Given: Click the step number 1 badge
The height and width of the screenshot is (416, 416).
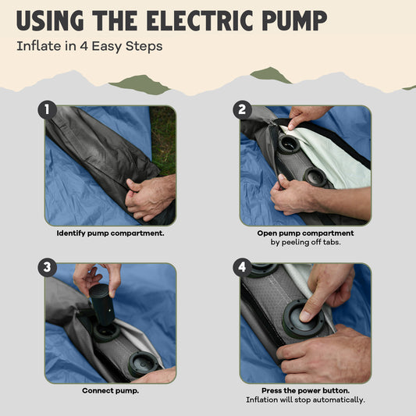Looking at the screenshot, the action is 48,109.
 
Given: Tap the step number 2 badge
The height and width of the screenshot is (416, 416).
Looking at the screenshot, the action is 242,109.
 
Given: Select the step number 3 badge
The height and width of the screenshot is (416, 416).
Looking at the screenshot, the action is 48,267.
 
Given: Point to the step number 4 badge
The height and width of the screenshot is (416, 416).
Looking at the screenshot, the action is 242,267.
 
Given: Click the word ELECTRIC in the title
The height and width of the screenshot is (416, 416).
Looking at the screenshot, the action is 201,21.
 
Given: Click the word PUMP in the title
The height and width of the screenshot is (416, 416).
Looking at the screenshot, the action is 295,21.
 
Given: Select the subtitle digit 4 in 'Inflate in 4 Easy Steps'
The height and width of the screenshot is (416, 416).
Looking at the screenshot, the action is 84,46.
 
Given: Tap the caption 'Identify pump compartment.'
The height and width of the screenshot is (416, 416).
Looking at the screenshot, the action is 110,233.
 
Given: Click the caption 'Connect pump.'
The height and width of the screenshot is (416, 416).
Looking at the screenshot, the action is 110,390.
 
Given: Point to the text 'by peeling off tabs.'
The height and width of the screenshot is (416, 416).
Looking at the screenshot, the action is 305,242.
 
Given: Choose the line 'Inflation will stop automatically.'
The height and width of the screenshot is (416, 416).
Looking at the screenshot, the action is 305,400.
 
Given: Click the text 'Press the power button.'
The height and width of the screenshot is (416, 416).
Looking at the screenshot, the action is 305,390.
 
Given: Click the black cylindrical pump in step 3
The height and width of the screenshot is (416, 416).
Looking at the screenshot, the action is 102,304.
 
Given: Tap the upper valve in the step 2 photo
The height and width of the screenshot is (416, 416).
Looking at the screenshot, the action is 289,144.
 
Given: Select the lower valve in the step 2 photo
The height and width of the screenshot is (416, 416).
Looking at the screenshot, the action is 315,176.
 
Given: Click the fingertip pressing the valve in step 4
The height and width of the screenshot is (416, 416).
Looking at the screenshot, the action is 305,316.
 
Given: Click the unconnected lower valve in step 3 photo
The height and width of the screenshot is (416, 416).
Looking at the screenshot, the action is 144,364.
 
